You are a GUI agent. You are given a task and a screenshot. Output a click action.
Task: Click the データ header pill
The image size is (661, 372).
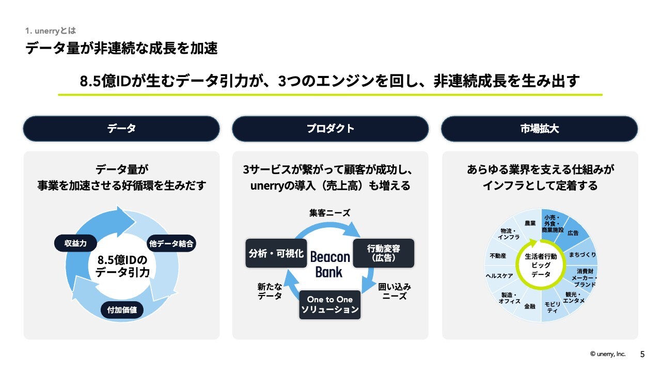coord(121,129)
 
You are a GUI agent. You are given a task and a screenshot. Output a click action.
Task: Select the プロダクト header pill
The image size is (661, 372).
coord(330,129)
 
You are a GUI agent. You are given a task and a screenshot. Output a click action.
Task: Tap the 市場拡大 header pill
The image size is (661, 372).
coord(539,129)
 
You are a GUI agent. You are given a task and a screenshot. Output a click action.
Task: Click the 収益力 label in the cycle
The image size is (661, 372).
coord(75,243)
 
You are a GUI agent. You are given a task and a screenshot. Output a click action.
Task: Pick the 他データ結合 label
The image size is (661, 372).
coord(170,243)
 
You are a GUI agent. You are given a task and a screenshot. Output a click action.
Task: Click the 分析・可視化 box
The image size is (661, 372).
coord(276,253)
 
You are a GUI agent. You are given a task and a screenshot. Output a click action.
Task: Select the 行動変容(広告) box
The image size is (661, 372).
coord(383,253)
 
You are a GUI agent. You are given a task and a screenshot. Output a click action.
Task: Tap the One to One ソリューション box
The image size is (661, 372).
coord(330,304)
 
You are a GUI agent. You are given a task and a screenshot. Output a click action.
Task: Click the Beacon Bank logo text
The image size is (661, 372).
coord(330,264)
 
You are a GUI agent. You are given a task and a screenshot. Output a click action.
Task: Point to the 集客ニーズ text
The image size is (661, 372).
coord(329,213)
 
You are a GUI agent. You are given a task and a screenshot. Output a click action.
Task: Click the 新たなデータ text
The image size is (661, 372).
coord(270,291)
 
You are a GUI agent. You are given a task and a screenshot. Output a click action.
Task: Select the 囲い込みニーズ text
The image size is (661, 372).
coord(394,291)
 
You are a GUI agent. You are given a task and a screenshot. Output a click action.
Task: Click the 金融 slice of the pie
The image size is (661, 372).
coord(529,306)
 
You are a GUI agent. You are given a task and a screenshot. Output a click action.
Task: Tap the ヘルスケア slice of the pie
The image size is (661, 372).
coord(499,276)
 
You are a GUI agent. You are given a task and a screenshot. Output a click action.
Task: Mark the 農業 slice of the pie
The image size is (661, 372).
coord(530,223)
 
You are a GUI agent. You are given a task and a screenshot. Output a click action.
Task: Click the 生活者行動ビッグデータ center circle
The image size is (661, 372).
coord(541,265)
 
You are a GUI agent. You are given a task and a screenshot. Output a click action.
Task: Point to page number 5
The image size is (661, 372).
coord(642,354)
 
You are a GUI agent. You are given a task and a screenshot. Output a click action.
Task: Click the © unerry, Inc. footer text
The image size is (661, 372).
coord(607,354)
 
